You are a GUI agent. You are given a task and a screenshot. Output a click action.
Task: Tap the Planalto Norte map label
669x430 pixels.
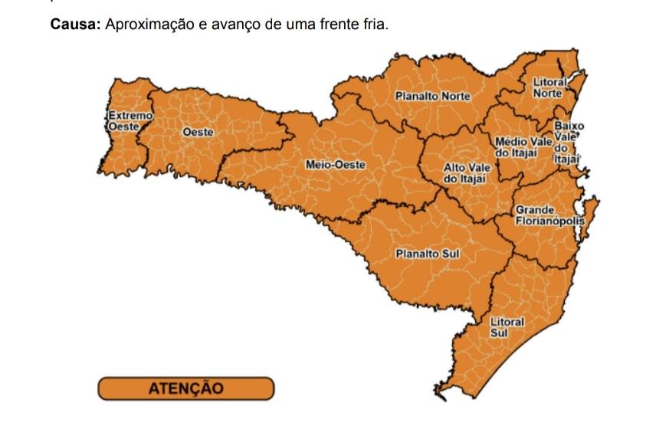pyautogui.click(x=432, y=97)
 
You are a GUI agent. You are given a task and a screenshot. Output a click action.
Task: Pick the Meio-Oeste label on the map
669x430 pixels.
pyautogui.click(x=336, y=165)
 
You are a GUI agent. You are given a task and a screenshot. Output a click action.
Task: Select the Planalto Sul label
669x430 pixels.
pyautogui.click(x=427, y=254)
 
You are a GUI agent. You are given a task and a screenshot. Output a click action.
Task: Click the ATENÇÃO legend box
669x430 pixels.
pyautogui.click(x=185, y=388)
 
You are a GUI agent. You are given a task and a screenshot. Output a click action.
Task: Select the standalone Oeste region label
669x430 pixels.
pyautogui.click(x=198, y=133)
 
